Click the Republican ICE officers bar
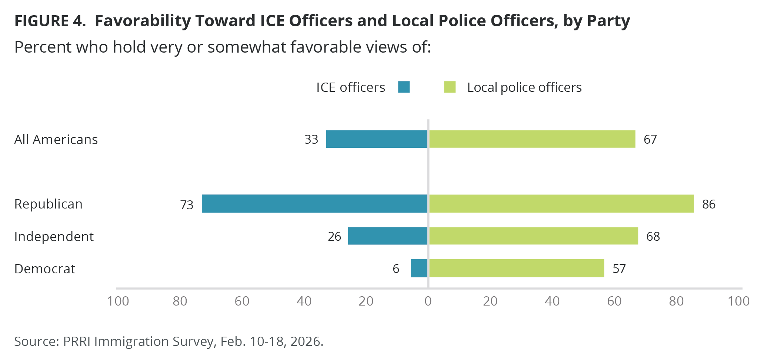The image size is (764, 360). pyautogui.click(x=314, y=204)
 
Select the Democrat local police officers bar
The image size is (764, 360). pyautogui.click(x=516, y=268)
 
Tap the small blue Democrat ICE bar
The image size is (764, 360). pyautogui.click(x=419, y=268)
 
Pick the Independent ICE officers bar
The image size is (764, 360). pyautogui.click(x=387, y=236)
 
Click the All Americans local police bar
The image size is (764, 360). pyautogui.click(x=532, y=139)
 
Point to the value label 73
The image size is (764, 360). pyautogui.click(x=187, y=205)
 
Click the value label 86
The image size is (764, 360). pyautogui.click(x=708, y=204)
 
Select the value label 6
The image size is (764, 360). pyautogui.click(x=396, y=269)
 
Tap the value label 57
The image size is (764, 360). pyautogui.click(x=619, y=269)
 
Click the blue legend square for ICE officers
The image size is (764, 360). pyautogui.click(x=404, y=87)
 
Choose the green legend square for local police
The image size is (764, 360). pyautogui.click(x=450, y=87)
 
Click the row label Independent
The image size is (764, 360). pyautogui.click(x=54, y=237)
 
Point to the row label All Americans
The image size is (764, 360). pyautogui.click(x=56, y=140)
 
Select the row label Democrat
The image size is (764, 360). pyautogui.click(x=45, y=269)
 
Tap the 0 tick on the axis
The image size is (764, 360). pyautogui.click(x=428, y=301)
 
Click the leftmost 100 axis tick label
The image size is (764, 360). pyautogui.click(x=118, y=301)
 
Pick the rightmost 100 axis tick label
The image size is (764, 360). pyautogui.click(x=738, y=301)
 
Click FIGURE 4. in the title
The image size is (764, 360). pyautogui.click(x=50, y=21)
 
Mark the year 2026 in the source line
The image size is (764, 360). pyautogui.click(x=305, y=341)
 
